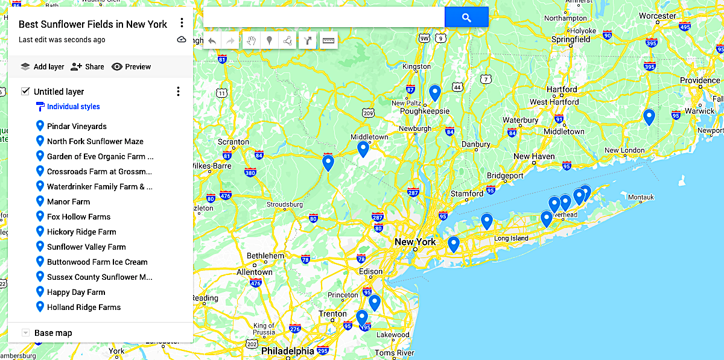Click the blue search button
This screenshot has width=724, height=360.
(466, 17)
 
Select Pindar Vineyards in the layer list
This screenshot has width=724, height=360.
(77, 127)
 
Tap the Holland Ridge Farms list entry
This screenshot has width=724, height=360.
(84, 308)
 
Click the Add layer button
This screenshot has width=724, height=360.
(42, 67)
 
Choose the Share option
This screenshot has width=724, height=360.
(87, 67)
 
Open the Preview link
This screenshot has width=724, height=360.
(132, 67)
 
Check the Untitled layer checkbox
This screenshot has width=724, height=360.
(25, 92)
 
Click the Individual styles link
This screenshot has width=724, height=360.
(73, 107)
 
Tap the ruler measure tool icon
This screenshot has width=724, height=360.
(328, 41)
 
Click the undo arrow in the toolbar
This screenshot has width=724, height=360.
(212, 41)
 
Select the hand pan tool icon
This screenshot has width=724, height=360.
(251, 41)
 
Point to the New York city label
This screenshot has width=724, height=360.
(415, 242)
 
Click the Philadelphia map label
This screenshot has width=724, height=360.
(287, 351)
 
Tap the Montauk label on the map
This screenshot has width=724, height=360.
(641, 197)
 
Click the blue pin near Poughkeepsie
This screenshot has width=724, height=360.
(434, 92)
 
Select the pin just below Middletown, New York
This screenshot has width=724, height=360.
(363, 148)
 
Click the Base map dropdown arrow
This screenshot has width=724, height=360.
(25, 333)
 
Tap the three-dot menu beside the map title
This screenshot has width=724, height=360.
(182, 24)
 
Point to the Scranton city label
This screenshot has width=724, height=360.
(233, 142)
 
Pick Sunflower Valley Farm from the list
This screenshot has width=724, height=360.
(86, 247)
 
